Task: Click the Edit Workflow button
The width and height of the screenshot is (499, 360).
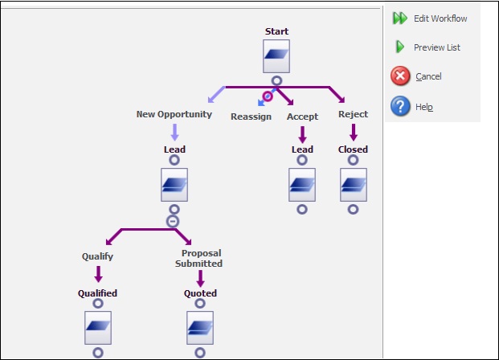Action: pyautogui.click(x=430, y=18)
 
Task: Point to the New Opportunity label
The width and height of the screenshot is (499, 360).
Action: pyautogui.click(x=174, y=114)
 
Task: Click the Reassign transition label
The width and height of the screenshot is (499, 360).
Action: pyautogui.click(x=251, y=117)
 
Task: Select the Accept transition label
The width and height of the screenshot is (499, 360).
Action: pyautogui.click(x=302, y=117)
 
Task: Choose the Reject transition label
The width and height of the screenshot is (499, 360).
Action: pyautogui.click(x=353, y=114)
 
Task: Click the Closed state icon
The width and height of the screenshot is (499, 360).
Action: pyautogui.click(x=353, y=185)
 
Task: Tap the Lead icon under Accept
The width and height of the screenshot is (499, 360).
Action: pyautogui.click(x=302, y=185)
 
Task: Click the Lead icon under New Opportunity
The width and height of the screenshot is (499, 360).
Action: pyautogui.click(x=174, y=185)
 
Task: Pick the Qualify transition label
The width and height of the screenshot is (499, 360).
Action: pyautogui.click(x=97, y=257)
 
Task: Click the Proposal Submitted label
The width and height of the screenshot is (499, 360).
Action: pyautogui.click(x=200, y=258)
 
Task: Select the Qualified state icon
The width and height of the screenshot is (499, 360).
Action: pyautogui.click(x=97, y=328)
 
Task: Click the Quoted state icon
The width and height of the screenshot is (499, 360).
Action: pyautogui.click(x=200, y=328)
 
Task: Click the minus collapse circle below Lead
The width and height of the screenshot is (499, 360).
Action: pyautogui.click(x=172, y=221)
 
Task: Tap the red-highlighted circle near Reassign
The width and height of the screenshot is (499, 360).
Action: pyautogui.click(x=268, y=96)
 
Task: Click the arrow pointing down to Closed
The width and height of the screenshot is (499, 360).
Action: pyautogui.click(x=353, y=132)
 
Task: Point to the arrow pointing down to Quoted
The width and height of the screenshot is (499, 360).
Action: pyautogui.click(x=200, y=278)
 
